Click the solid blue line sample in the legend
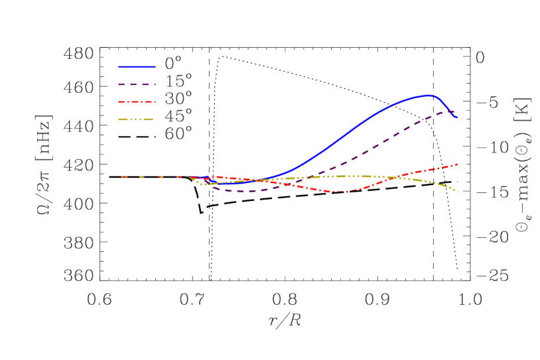pos(137,67)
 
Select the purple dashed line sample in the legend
pos(137,84)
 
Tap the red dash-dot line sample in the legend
pos(137,102)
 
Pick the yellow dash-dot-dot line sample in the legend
pos(135,120)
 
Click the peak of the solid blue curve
pos(428,95)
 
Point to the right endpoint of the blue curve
pos(457,117)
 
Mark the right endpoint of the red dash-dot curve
pos(458,164)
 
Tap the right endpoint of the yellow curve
pos(458,192)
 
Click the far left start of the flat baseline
pos(109,177)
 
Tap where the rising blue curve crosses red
pos(260,180)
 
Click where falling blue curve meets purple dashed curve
pos(451,112)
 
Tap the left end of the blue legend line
pos(119,67)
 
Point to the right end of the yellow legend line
pos(153,120)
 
